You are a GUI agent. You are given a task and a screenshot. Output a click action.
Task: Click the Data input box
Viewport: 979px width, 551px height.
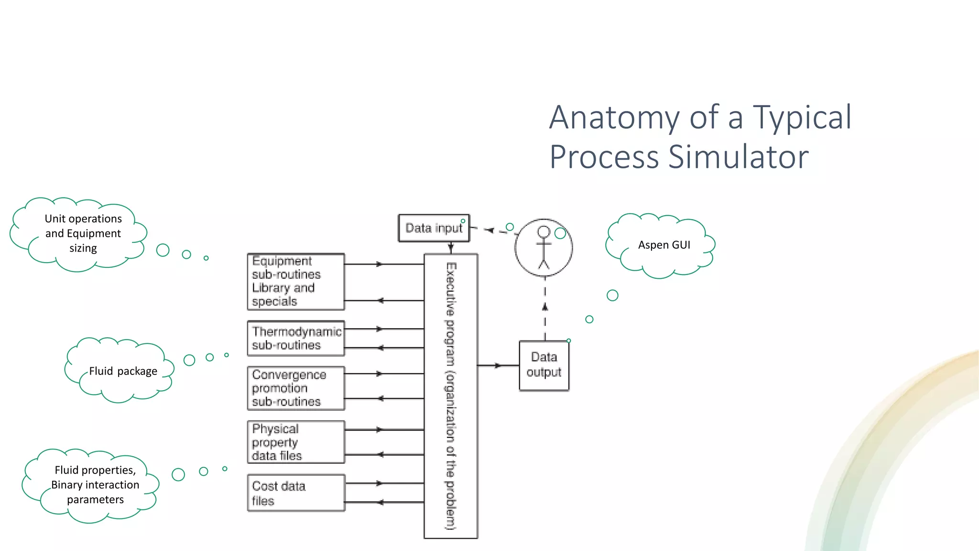pyautogui.click(x=434, y=228)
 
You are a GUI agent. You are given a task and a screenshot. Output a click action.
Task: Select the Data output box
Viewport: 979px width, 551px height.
pyautogui.click(x=544, y=365)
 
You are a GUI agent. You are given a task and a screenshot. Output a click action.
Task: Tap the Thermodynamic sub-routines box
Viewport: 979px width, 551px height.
pyautogui.click(x=295, y=338)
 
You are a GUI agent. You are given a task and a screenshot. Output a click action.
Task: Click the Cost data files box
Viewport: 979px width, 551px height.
pyautogui.click(x=295, y=493)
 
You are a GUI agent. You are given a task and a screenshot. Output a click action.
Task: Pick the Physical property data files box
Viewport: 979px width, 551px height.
pyautogui.click(x=295, y=442)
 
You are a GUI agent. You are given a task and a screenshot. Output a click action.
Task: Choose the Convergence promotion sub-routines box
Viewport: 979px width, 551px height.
pyautogui.click(x=295, y=388)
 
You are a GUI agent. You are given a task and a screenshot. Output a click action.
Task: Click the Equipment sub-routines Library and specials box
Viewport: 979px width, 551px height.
pyautogui.click(x=295, y=281)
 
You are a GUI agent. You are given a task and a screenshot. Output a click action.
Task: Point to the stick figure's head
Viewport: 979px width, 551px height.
pyautogui.click(x=544, y=232)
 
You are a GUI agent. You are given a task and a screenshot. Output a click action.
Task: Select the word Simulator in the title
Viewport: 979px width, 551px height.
pyautogui.click(x=738, y=157)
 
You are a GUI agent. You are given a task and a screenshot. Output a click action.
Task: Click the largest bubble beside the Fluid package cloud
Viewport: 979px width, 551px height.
pyautogui.click(x=189, y=360)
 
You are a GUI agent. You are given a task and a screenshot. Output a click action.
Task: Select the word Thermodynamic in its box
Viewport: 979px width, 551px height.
pyautogui.click(x=296, y=331)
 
